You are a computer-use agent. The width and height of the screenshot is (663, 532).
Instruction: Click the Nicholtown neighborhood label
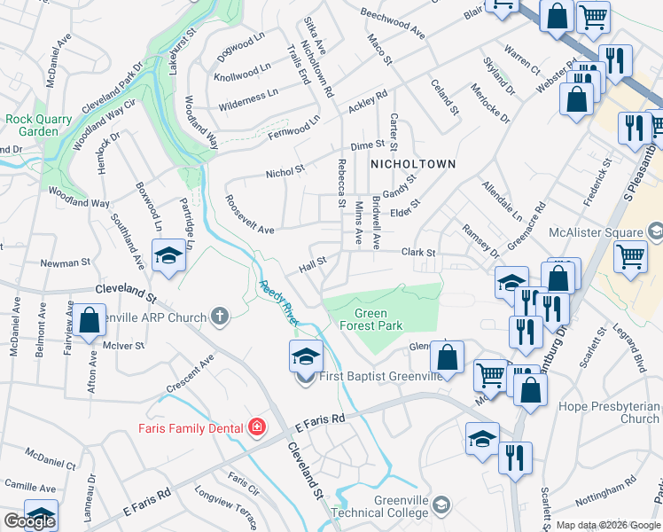click(x=412, y=164)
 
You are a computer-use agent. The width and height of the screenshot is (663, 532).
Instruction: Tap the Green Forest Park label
click(x=378, y=319)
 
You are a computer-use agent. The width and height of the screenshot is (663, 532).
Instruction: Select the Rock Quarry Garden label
click(x=32, y=125)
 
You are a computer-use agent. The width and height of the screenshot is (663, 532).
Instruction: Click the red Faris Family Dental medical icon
click(x=257, y=428)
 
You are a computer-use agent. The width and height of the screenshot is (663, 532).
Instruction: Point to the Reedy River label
click(x=277, y=301)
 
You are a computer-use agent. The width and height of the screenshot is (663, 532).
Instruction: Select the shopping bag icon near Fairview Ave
click(x=90, y=321)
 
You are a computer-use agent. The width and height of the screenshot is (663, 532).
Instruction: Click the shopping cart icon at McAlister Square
click(x=630, y=256)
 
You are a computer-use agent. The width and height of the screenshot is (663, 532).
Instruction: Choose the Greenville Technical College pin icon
click(x=441, y=506)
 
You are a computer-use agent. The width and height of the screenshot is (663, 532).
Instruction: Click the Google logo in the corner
click(x=29, y=522)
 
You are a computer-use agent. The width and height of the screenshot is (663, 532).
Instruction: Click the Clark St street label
click(x=418, y=253)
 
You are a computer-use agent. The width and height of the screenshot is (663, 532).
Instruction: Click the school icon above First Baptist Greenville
click(x=306, y=356)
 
